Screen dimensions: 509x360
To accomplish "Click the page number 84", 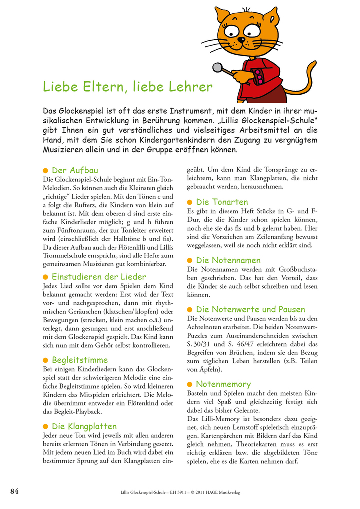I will coord(14,491).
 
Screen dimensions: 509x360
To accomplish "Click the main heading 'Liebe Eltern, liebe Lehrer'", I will coord(128,87).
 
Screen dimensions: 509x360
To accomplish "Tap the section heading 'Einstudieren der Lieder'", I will coord(99,276).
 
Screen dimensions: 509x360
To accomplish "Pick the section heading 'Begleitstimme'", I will coord(80,360).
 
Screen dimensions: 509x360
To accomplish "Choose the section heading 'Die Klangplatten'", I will coord(84,426).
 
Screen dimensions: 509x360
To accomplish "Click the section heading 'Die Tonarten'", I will coord(222,202).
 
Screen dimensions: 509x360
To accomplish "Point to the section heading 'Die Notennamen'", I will coord(228,260).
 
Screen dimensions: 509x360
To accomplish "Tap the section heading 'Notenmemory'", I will coord(223,384).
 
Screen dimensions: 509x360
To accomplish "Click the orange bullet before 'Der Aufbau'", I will coord(45,171).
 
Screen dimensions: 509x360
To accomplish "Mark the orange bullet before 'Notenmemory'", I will coord(190,384).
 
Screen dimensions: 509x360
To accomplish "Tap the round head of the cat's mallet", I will coord(217,67).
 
